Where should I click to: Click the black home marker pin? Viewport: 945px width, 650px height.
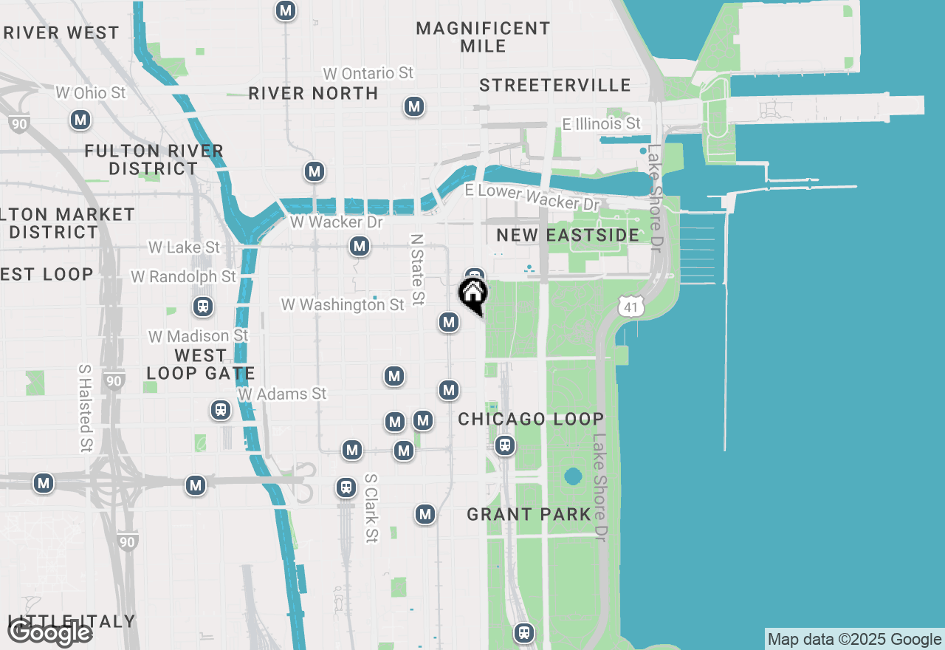click(x=473, y=293)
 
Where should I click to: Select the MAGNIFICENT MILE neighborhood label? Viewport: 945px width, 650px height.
click(x=483, y=37)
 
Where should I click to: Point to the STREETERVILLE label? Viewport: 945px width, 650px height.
click(x=555, y=85)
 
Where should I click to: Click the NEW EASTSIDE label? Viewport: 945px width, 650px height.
click(x=568, y=235)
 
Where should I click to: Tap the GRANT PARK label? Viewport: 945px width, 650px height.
click(x=529, y=514)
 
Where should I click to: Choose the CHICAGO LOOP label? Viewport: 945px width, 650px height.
click(x=531, y=419)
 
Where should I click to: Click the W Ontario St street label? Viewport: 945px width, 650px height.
click(x=368, y=73)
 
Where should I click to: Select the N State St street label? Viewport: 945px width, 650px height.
click(x=417, y=270)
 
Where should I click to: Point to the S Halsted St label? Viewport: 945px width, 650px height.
click(x=86, y=408)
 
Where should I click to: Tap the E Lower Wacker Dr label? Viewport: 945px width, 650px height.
click(x=532, y=196)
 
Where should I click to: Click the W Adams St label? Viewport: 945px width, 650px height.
click(x=282, y=394)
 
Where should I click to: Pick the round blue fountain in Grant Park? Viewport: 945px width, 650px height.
click(x=573, y=476)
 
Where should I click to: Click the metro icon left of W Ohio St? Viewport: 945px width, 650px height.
click(x=80, y=120)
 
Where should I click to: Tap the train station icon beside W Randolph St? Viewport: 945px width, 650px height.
click(x=201, y=306)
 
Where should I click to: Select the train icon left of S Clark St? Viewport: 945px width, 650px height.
click(x=346, y=487)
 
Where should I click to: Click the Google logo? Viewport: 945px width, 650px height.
click(x=49, y=633)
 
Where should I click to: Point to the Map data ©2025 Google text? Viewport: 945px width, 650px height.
click(x=854, y=640)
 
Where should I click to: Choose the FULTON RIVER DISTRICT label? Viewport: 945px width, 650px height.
click(x=154, y=160)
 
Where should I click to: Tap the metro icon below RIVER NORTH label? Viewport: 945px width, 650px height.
click(x=414, y=106)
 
